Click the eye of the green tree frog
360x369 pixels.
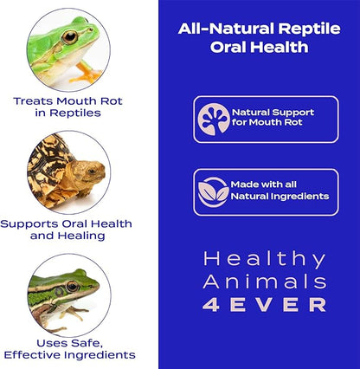(69, 37)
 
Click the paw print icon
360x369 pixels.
(213, 119)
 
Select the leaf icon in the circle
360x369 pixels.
(213, 191)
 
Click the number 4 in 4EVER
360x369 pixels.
(212, 304)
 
